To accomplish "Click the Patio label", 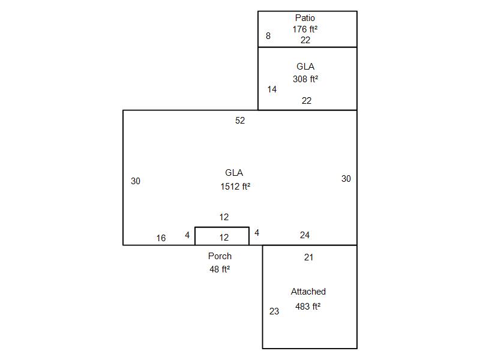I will pos(305,18).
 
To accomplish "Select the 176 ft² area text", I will pos(305,29).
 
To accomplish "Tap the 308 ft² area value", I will pos(306,79).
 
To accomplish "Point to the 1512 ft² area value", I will pos(235,187).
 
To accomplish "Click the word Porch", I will pos(220,256).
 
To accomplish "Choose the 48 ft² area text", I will pos(220,269).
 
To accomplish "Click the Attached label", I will pos(308,292).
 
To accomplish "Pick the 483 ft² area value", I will pos(308,307).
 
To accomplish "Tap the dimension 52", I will pos(240,121).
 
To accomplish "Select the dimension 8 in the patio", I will pos(268,36).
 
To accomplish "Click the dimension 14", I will pos(272,89).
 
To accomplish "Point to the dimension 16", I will pos(161,238).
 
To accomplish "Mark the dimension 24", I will pos(305,235).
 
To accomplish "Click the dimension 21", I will pos(308,257).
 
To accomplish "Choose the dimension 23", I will pos(274,311).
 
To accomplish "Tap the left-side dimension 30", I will pos(136,181).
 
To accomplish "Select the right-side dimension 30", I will pos(346,179).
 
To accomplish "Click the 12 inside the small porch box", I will pos(224,238).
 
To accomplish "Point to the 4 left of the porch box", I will pos(187,235).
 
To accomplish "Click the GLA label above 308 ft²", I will pos(305,67).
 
